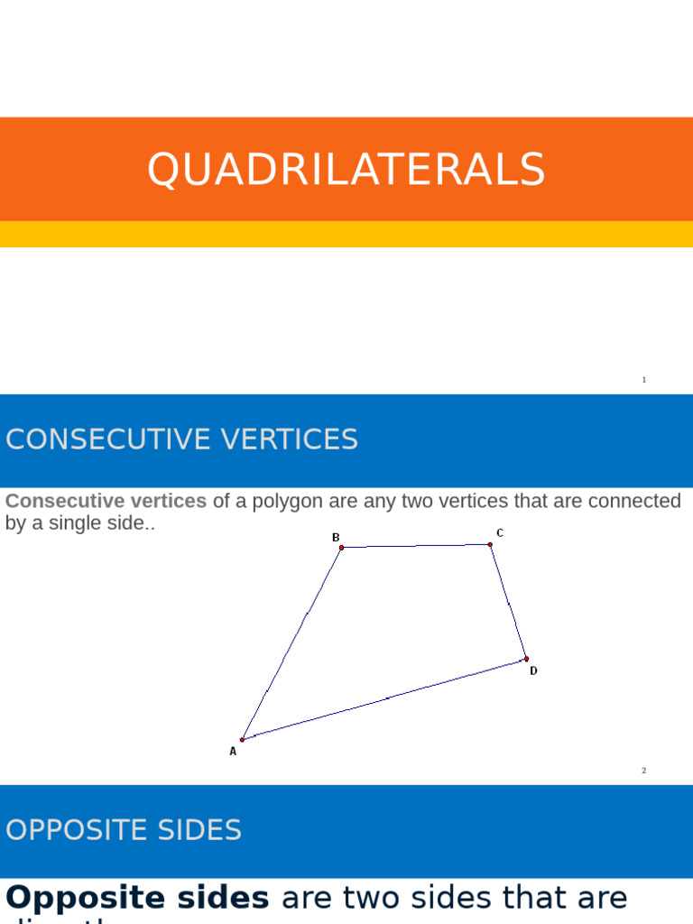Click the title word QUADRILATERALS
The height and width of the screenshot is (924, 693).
tap(346, 170)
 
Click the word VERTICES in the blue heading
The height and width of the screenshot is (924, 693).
tap(288, 439)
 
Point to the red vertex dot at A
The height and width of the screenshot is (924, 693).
tap(242, 740)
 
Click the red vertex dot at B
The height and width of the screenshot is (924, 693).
tap(341, 548)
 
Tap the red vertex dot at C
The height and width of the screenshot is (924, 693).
tap(490, 544)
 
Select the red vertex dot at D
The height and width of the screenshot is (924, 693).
tap(527, 659)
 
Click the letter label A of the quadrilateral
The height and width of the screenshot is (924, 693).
tap(233, 751)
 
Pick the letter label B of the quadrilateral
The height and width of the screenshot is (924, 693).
tap(336, 538)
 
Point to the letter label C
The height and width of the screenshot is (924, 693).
tap(500, 533)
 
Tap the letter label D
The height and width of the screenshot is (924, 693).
tap(533, 671)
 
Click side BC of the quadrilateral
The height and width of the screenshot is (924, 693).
tap(415, 546)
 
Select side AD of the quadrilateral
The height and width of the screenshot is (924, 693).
tap(384, 699)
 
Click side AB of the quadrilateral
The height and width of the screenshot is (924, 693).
tap(291, 643)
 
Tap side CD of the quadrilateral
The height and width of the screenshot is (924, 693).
tap(509, 602)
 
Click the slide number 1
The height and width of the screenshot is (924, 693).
tap(644, 380)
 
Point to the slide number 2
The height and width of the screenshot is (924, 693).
tap(644, 771)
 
